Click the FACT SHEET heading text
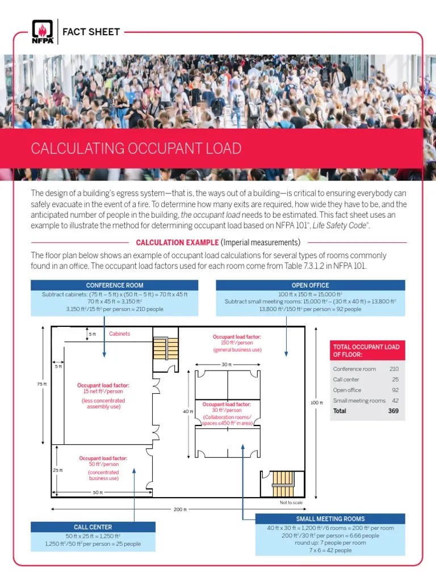(91, 32)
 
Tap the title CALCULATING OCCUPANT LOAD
(136, 149)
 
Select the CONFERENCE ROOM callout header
(115, 285)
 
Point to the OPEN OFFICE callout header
(311, 285)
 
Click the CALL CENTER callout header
(93, 527)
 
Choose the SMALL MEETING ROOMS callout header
(330, 519)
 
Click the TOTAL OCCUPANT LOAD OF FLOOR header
(367, 351)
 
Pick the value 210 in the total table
(393, 369)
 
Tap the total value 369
(393, 411)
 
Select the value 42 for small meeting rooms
(395, 401)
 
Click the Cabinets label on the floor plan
(119, 334)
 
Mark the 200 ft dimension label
(179, 509)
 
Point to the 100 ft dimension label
(316, 403)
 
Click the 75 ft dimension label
(41, 384)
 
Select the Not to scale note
(291, 503)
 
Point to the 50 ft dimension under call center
(98, 492)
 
